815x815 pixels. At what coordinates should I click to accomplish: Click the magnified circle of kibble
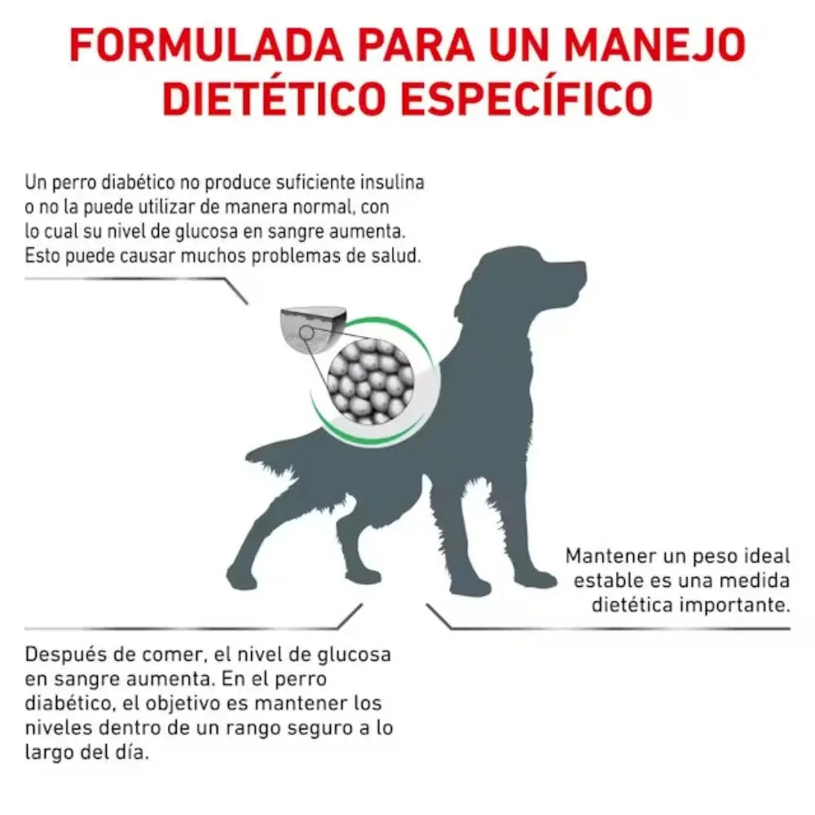pos(371,379)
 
